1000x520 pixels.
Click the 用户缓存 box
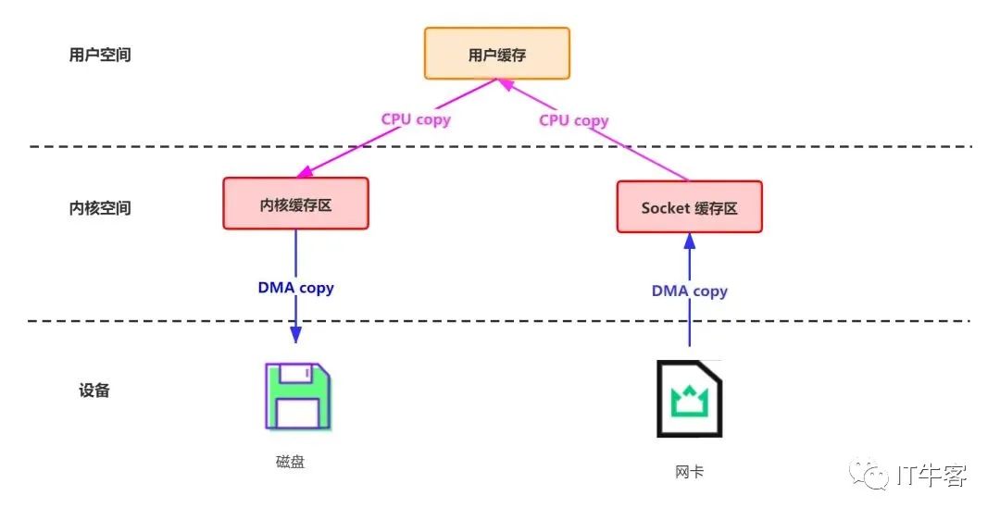pyautogui.click(x=497, y=54)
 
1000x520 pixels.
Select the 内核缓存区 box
pyautogui.click(x=295, y=204)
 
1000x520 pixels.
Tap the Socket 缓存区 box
pyautogui.click(x=690, y=207)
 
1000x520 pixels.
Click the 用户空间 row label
pyautogui.click(x=100, y=55)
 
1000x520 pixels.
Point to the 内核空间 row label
pyautogui.click(x=100, y=207)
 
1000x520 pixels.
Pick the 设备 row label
pyautogui.click(x=94, y=390)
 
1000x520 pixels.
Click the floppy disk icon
pyautogui.click(x=297, y=395)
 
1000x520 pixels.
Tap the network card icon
pyautogui.click(x=689, y=399)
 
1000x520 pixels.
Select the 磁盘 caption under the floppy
pyautogui.click(x=290, y=462)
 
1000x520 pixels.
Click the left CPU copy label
pyautogui.click(x=416, y=119)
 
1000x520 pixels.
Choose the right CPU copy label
pyautogui.click(x=574, y=120)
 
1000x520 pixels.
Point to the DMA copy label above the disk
pyautogui.click(x=295, y=288)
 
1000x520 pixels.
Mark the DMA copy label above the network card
pyautogui.click(x=690, y=291)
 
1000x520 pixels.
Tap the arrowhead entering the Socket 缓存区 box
pyautogui.click(x=689, y=240)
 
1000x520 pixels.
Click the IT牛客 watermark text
pyautogui.click(x=931, y=477)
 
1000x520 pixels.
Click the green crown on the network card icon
pyautogui.click(x=689, y=401)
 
